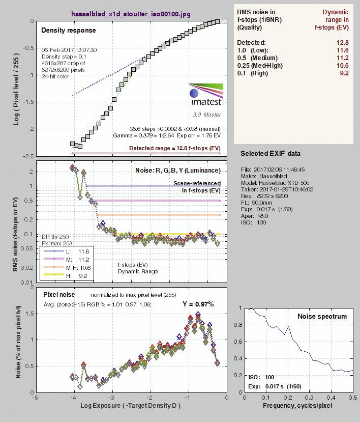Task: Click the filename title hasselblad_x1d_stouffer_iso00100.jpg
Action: click(x=131, y=14)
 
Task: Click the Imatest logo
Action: click(x=206, y=95)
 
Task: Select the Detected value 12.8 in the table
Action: click(x=343, y=43)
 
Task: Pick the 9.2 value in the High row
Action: click(x=344, y=73)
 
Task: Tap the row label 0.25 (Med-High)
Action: click(x=260, y=65)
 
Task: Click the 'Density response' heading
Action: click(x=69, y=30)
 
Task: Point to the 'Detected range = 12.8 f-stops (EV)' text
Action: click(x=175, y=148)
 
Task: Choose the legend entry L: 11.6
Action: click(x=67, y=251)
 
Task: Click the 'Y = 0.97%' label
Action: click(x=198, y=304)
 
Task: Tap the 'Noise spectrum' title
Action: click(x=322, y=316)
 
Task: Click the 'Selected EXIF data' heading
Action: click(x=271, y=153)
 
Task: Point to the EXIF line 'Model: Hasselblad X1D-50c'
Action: click(x=275, y=183)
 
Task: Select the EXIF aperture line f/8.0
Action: click(x=255, y=216)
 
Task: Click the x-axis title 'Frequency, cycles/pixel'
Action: click(x=297, y=406)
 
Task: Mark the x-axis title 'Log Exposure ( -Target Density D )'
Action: click(x=130, y=406)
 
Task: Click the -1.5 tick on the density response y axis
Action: click(x=28, y=102)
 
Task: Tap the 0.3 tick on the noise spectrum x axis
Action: click(x=310, y=398)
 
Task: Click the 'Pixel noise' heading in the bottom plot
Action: click(x=59, y=295)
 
